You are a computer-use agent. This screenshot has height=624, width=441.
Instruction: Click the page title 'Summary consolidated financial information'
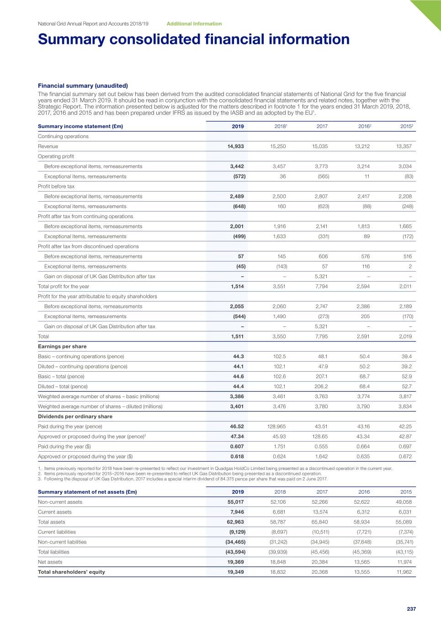point(194,39)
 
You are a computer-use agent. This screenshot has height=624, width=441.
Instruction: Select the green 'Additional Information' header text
point(194,24)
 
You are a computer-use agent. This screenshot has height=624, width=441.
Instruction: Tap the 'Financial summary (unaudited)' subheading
point(83,85)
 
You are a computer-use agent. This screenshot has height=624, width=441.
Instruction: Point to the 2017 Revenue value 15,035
point(320,146)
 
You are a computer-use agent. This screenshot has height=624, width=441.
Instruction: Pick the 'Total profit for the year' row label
point(64,287)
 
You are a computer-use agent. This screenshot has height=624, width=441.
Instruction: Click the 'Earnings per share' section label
point(62,347)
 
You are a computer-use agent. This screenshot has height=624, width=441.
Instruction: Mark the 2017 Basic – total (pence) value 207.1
point(321,377)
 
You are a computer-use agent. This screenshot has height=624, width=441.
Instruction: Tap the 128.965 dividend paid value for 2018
point(276,427)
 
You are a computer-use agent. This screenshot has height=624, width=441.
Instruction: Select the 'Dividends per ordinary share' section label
point(75,416)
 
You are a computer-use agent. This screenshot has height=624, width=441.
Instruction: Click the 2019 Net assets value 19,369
point(236,562)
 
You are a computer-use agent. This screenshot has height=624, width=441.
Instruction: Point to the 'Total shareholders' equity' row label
point(71,572)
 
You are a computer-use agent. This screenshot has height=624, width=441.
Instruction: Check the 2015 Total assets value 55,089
point(404,522)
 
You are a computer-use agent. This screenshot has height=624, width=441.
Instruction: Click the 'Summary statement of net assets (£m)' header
point(87,492)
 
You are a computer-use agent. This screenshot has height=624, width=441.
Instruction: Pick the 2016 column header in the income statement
point(364,126)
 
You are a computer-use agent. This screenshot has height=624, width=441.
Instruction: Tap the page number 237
point(411,609)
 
